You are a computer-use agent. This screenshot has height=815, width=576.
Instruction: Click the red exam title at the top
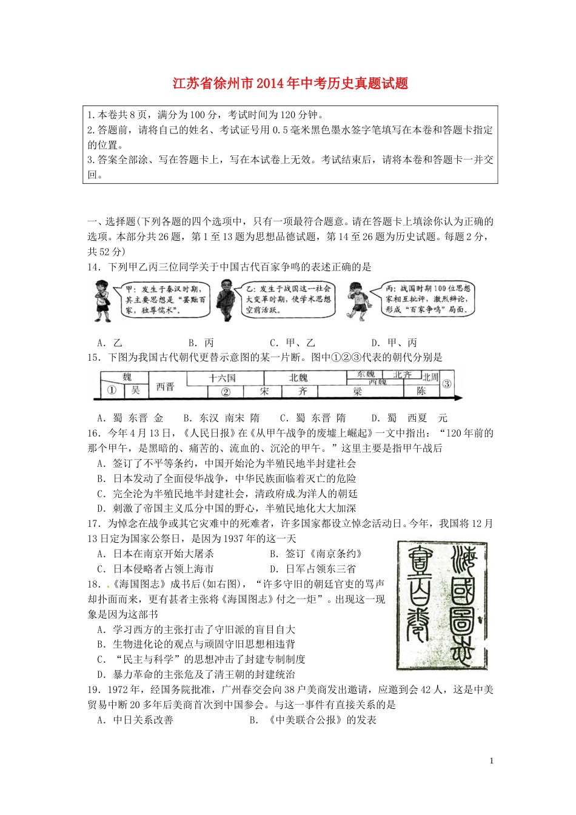point(290,84)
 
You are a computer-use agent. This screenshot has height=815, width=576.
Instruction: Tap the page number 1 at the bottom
point(491,760)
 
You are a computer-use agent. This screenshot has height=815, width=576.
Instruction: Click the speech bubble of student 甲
point(165,299)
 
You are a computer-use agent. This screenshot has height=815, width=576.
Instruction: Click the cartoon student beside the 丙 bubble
point(358,299)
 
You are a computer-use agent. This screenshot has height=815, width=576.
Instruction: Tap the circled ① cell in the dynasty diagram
point(111,391)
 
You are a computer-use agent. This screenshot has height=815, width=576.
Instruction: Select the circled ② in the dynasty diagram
point(226,392)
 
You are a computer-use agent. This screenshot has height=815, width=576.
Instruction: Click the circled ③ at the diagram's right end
point(447,384)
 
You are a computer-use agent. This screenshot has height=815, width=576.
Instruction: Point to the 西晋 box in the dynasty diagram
point(165,386)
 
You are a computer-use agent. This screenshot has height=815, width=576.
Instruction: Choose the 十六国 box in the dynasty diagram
point(223,378)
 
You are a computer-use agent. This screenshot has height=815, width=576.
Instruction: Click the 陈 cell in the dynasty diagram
point(421,391)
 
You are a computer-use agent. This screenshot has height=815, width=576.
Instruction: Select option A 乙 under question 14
point(110,343)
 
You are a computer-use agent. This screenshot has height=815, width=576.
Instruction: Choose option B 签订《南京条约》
point(315,554)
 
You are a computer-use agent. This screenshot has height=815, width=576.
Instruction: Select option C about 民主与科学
point(201,659)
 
